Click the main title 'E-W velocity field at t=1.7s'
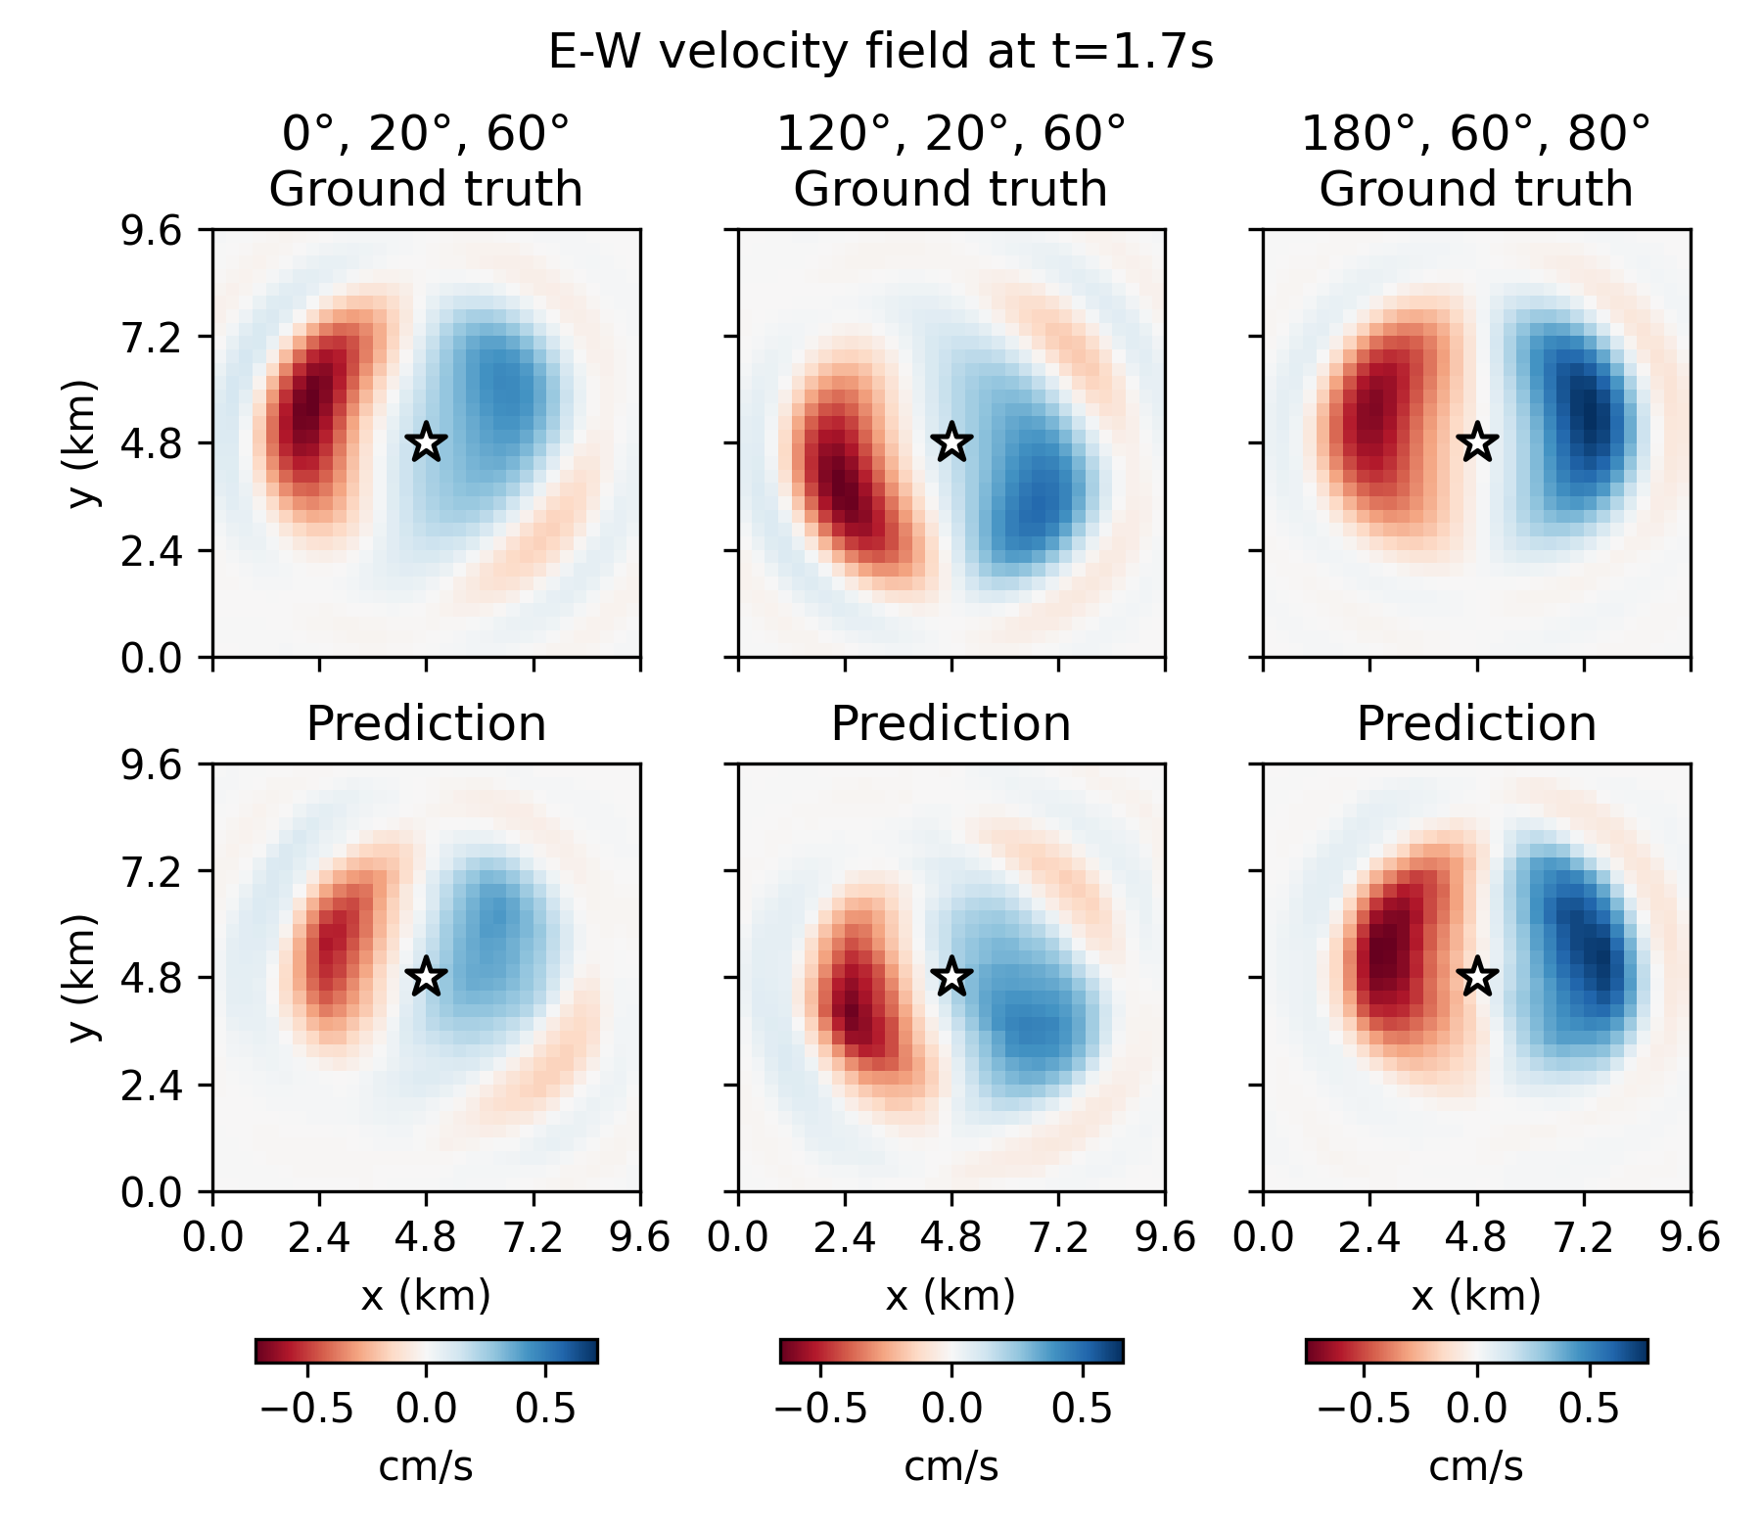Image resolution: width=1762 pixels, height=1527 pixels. [880, 51]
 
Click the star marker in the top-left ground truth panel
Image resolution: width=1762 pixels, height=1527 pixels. [426, 442]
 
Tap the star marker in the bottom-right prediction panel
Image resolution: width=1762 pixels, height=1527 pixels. [1477, 977]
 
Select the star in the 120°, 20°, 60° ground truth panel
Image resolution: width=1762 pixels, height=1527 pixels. [951, 442]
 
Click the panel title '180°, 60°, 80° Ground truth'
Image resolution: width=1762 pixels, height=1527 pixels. [1475, 162]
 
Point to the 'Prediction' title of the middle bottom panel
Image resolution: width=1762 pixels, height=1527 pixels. [951, 724]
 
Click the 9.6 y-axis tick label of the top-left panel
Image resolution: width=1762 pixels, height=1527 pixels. [151, 231]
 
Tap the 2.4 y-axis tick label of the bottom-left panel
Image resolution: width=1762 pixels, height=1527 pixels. [151, 1085]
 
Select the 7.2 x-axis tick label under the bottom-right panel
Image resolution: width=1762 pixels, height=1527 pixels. [1584, 1238]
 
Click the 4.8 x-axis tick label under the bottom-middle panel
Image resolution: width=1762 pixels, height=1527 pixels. [951, 1238]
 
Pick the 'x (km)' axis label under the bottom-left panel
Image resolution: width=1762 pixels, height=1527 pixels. [426, 1296]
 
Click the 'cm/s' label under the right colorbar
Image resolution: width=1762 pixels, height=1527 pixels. [1475, 1466]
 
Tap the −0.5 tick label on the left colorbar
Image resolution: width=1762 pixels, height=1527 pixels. [305, 1409]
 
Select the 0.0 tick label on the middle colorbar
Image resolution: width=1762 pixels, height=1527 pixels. [951, 1409]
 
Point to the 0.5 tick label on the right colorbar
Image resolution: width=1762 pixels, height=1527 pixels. [1588, 1409]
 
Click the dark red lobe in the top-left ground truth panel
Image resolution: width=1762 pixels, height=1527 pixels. [305, 411]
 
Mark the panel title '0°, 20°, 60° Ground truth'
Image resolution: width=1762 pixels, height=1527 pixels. [426, 162]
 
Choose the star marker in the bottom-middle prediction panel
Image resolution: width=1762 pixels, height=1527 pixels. [951, 977]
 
